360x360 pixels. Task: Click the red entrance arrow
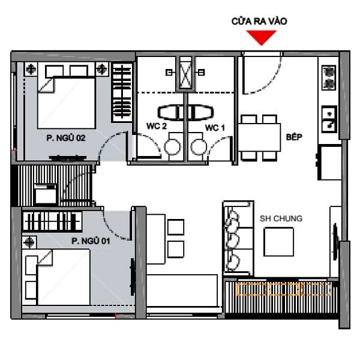coord(261,37)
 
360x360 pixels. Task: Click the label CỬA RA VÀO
coord(259,22)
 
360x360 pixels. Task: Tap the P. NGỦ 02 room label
coord(66,138)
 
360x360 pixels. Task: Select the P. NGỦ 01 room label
coord(91,241)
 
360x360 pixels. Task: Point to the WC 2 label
coord(157,126)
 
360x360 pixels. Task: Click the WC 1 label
coord(215,128)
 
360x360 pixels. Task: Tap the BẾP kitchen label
coord(294,137)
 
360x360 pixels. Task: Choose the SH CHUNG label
coord(281,218)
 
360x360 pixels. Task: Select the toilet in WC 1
coord(198,146)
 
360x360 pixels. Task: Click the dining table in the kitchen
coord(259,137)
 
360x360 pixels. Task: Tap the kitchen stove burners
coord(329,77)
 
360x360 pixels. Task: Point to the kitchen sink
coord(329,119)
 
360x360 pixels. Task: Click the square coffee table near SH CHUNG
coord(279,242)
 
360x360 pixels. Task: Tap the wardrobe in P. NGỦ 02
coord(122,93)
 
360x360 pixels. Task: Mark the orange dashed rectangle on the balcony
coord(284,289)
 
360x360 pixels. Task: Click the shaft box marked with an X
coord(185,73)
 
